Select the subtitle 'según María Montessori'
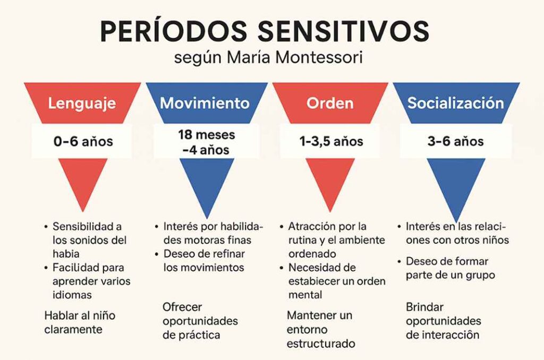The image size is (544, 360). tap(268, 58)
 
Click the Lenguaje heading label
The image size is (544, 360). tap(82, 103)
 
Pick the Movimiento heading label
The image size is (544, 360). tap(205, 103)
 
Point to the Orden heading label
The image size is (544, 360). tap(330, 103)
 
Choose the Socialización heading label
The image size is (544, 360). tap(455, 103)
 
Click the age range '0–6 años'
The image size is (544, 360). tap(83, 142)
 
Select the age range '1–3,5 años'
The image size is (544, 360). tap(330, 142)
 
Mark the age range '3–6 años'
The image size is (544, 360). tap(455, 142)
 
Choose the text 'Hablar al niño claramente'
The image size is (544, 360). tap(80, 322)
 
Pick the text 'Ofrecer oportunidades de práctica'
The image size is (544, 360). tap(200, 321)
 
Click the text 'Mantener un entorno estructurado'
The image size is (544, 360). tap(320, 329)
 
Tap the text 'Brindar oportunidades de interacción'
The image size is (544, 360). tap(443, 321)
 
